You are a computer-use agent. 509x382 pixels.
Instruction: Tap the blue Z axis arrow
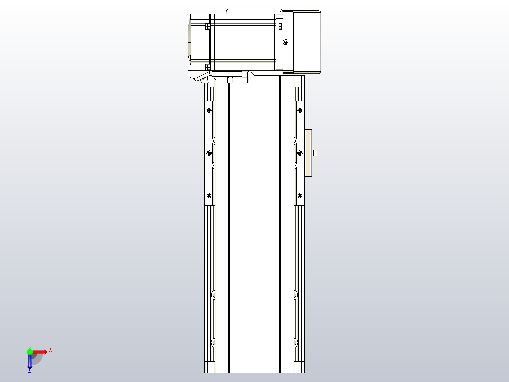pyautogui.click(x=30, y=362)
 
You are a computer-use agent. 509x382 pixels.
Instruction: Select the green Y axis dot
pyautogui.click(x=30, y=352)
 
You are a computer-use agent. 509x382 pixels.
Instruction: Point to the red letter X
pyautogui.click(x=51, y=349)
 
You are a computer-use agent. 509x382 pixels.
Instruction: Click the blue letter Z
pyautogui.click(x=29, y=371)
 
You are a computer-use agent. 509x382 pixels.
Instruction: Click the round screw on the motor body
pyautogui.click(x=285, y=43)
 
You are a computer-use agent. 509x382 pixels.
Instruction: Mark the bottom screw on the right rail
pyautogui.click(x=300, y=195)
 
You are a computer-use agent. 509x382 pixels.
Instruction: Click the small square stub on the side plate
pyautogui.click(x=315, y=153)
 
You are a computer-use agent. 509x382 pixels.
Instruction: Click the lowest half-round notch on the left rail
pyautogui.click(x=213, y=341)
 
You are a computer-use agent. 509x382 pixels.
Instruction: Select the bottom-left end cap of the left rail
pyautogui.click(x=210, y=368)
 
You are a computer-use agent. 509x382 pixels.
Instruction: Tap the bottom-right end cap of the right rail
pyautogui.click(x=299, y=368)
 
